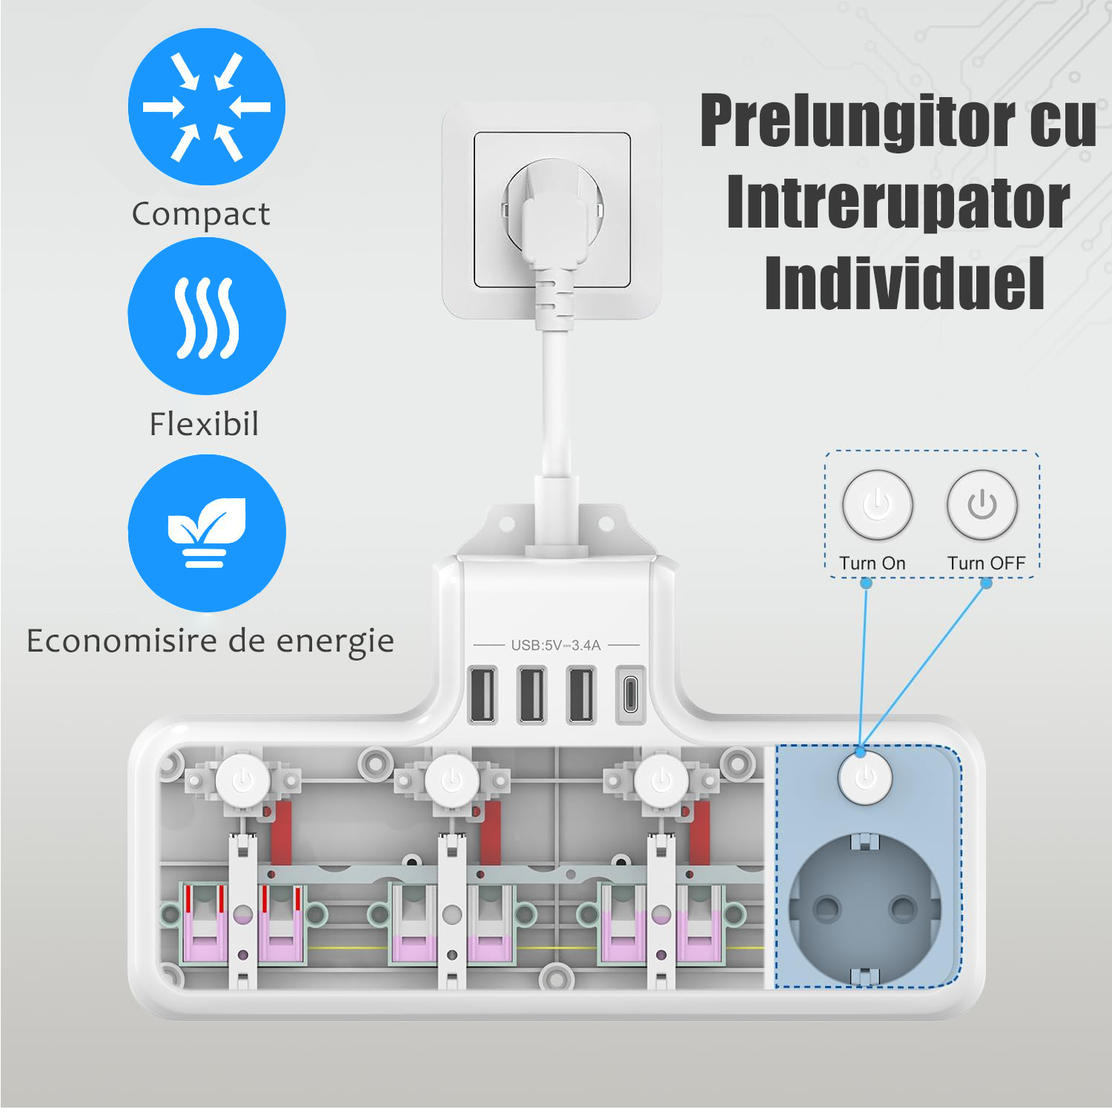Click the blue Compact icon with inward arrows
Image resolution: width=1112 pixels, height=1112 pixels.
[x=207, y=107]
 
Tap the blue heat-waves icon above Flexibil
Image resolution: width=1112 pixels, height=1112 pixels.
[x=207, y=317]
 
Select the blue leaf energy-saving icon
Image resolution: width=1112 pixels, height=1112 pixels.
[x=207, y=533]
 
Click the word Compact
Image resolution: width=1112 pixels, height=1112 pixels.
[x=201, y=214]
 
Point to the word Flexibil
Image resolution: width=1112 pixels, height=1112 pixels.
[x=204, y=424]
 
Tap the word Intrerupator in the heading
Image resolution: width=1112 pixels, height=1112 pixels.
[x=898, y=203]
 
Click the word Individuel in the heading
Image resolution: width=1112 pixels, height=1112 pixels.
[x=905, y=283]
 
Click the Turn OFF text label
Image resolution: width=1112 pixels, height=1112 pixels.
[x=986, y=563]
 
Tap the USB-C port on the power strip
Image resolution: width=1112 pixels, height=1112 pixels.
[x=629, y=695]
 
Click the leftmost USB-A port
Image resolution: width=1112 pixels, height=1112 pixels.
[x=483, y=695]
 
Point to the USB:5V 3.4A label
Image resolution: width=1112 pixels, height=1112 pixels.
[x=556, y=645]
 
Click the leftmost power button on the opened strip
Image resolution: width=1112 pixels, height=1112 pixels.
[x=243, y=780]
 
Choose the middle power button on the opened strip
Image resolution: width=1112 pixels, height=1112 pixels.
[x=452, y=780]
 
